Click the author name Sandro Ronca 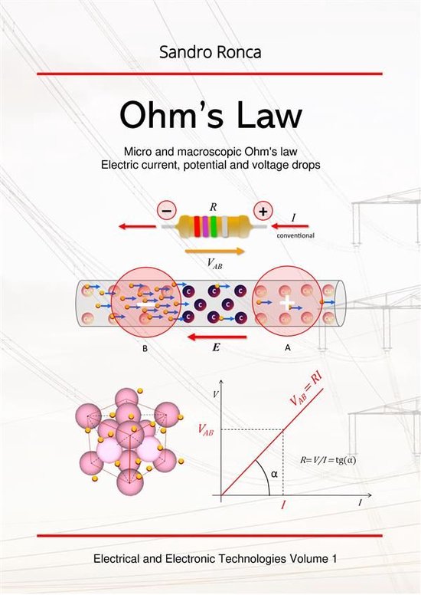[209, 53]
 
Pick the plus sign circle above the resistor [262, 210]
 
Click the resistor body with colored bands [215, 227]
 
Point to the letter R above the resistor [214, 207]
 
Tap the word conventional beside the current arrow [300, 235]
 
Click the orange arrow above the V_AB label [214, 251]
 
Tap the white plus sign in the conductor [286, 304]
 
